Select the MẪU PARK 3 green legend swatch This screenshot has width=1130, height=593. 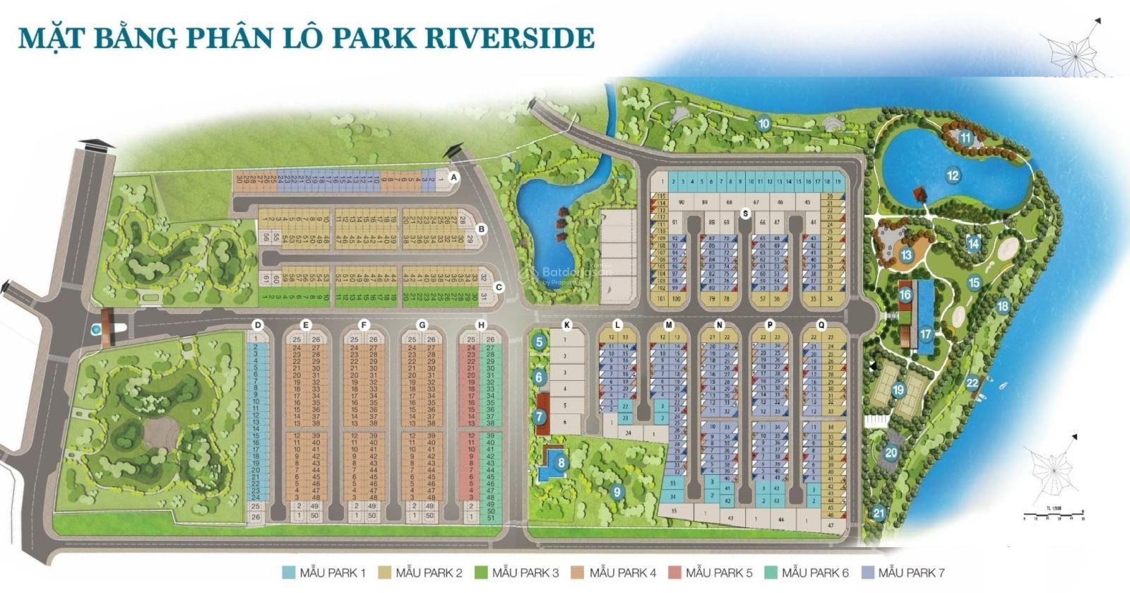point(482,573)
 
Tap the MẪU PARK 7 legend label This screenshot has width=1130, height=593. point(911,573)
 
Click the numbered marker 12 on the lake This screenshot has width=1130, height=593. point(953,175)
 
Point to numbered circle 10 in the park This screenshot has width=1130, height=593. point(763,124)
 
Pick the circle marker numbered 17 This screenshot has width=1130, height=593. point(925,334)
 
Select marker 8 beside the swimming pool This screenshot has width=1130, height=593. point(561,464)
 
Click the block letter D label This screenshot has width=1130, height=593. point(258,325)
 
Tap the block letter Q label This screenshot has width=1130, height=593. point(821,325)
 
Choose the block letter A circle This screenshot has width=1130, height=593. point(454,177)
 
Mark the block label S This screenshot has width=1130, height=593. point(745,213)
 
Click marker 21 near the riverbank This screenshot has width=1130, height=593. point(879,513)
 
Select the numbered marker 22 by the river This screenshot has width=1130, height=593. point(973,383)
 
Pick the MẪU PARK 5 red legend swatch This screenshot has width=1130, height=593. point(674,573)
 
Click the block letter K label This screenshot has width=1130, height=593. point(566,325)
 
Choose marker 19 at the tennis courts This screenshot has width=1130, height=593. point(898,389)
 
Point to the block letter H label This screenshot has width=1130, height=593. point(481,325)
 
